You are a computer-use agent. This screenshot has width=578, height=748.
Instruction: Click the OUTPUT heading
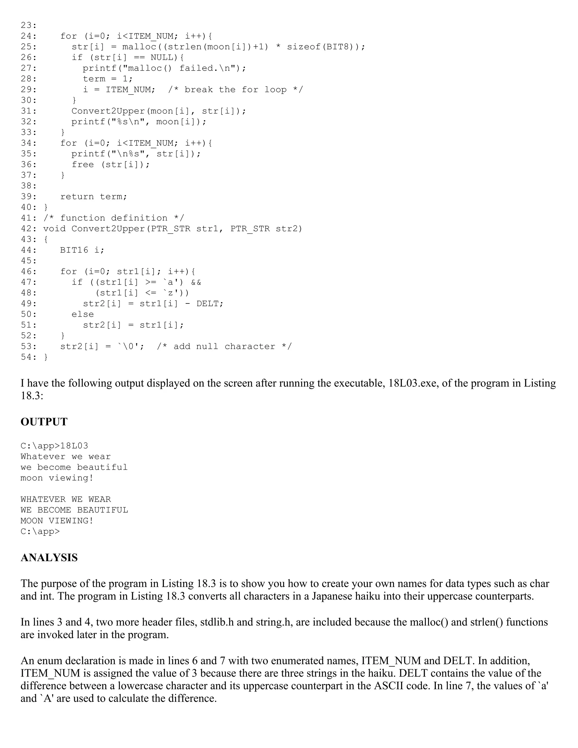point(44,422)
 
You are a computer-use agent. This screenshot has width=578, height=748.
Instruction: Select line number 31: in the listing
point(29,111)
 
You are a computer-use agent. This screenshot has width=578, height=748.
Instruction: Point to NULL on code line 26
point(162,57)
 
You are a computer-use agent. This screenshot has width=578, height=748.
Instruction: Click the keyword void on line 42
point(54,229)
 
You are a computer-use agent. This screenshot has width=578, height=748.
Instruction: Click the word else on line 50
point(82,314)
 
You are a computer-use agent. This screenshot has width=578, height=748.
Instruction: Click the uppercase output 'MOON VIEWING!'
point(57,521)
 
